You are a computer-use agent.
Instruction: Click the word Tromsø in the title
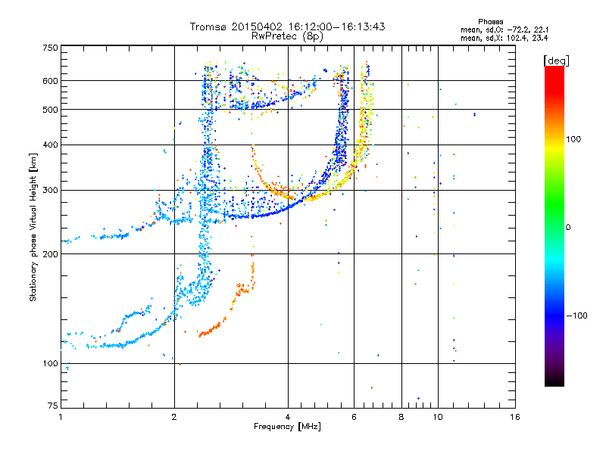click(x=207, y=26)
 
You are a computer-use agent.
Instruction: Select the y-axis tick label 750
click(x=50, y=47)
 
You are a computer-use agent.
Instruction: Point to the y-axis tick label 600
click(x=50, y=81)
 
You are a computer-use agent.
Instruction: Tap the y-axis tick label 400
click(x=50, y=145)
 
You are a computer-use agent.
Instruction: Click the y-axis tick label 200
click(x=50, y=254)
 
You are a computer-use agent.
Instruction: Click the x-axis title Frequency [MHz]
click(x=287, y=427)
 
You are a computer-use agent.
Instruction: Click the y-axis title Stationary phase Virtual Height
click(x=33, y=227)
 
